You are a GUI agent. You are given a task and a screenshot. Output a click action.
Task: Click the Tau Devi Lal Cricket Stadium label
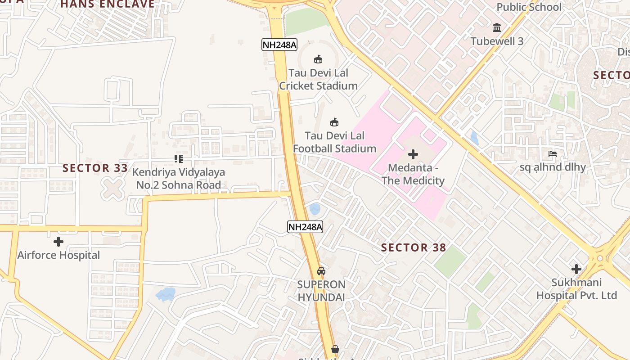tap(318, 79)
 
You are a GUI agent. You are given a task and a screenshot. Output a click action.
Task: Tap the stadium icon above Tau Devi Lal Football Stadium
tap(334, 122)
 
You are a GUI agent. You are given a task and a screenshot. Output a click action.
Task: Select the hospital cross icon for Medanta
tap(413, 154)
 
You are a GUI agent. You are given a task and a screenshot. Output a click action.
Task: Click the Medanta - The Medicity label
tap(413, 174)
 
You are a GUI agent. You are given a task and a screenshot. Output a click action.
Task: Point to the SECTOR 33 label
tap(92, 168)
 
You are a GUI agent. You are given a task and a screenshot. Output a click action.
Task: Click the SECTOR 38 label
tap(414, 247)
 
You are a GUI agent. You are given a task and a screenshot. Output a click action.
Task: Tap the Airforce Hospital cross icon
tap(58, 242)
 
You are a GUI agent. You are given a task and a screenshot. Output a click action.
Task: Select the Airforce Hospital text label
tap(58, 255)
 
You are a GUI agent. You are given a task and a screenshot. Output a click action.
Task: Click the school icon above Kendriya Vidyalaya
tap(179, 159)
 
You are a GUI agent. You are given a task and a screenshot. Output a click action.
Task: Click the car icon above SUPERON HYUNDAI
tap(321, 271)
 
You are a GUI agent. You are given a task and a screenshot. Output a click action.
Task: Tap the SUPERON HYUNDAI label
tap(321, 291)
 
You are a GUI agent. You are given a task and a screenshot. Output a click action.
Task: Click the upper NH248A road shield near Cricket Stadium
tap(279, 45)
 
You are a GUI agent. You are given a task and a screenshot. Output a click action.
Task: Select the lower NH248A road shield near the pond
tap(305, 227)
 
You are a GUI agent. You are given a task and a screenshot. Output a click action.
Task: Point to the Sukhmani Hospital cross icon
tap(576, 269)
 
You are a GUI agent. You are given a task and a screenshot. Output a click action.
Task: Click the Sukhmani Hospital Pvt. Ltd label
tap(576, 289)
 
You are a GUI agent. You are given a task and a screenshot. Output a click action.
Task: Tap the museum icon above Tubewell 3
tap(497, 28)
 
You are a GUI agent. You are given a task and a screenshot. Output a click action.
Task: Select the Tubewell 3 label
tap(497, 41)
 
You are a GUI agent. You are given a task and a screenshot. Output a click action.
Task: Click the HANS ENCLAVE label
tap(108, 4)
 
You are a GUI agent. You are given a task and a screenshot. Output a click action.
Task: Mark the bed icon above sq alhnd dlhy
tap(553, 154)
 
